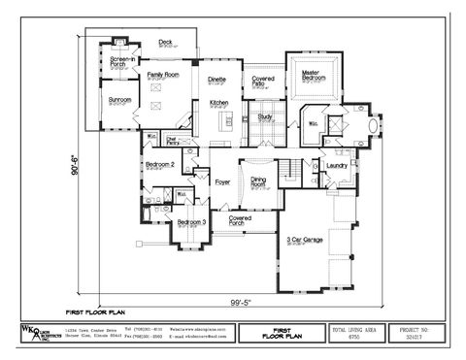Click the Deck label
[x=165, y=43]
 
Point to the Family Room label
[x=162, y=75]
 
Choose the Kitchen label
[x=219, y=103]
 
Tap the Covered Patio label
[x=262, y=82]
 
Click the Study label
[x=264, y=116]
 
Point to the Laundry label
[x=337, y=165]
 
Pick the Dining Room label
[x=259, y=180]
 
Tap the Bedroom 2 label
[x=159, y=165]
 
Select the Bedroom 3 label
[x=190, y=223]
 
